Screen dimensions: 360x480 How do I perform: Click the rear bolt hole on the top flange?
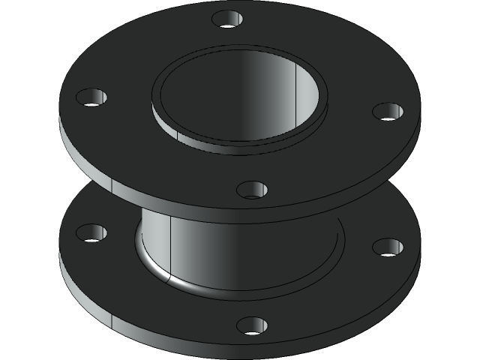227,18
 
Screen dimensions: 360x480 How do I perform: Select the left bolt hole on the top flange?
92,97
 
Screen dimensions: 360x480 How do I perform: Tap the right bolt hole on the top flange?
388,112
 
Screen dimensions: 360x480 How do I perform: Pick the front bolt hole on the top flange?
252,189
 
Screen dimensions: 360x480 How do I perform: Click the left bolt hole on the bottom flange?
91,233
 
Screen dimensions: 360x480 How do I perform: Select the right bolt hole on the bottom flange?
388,247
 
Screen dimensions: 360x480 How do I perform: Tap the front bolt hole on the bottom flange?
252,325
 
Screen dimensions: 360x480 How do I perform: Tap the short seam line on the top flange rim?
110,184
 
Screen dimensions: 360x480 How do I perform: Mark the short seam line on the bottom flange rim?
111,321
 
